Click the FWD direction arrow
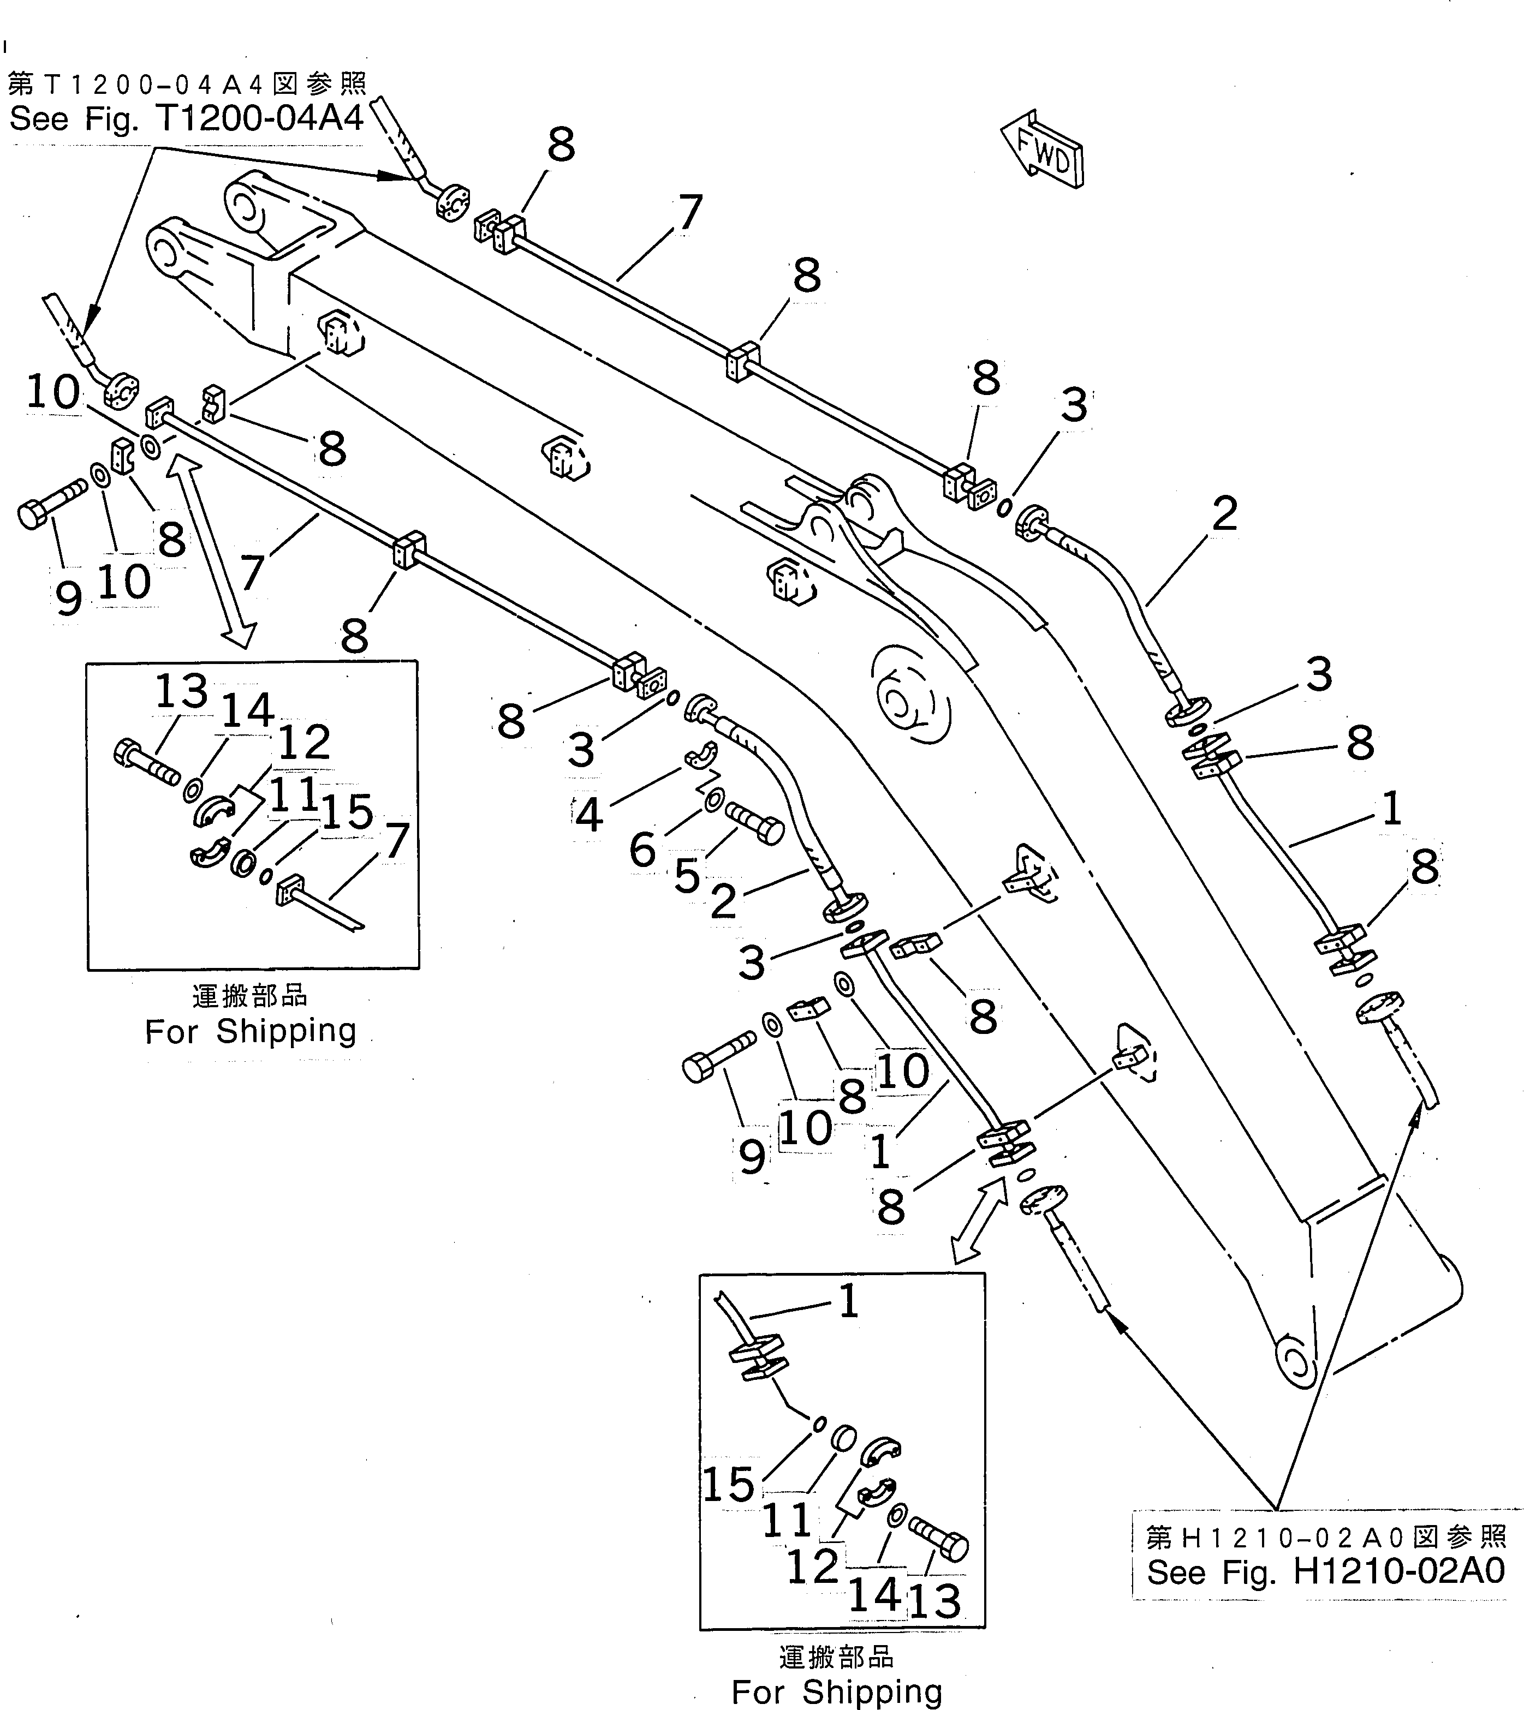tap(1043, 151)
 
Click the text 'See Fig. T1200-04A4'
tap(186, 119)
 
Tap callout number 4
tap(588, 814)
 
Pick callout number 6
tap(642, 851)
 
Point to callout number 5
tap(687, 876)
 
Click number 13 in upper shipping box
tap(181, 691)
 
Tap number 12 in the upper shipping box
tap(304, 742)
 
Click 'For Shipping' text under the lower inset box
tap(837, 1691)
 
